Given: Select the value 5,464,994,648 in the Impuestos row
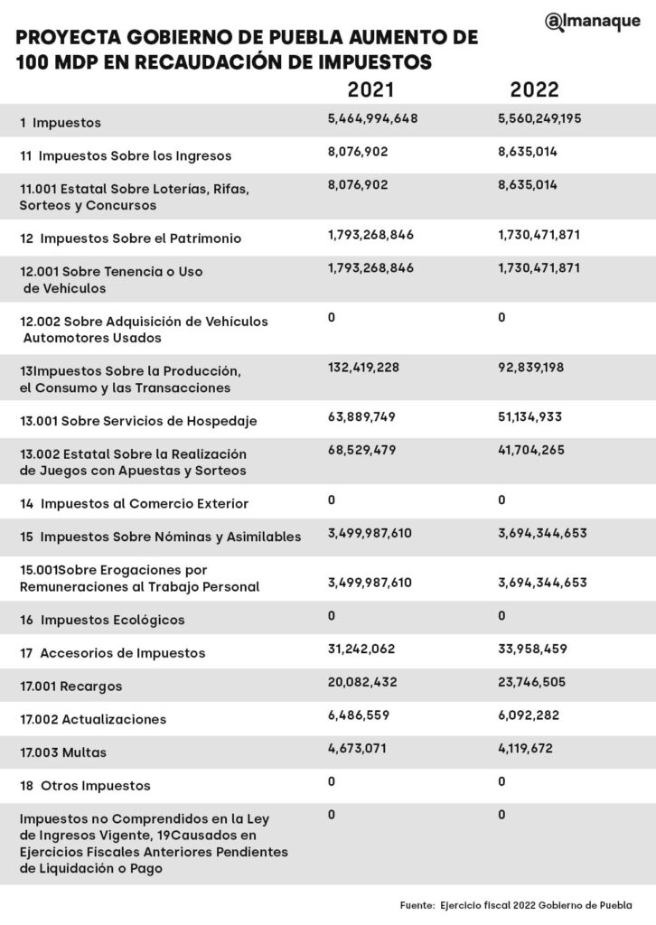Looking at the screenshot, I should (x=372, y=119).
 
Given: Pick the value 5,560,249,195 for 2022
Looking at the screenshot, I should (x=539, y=119).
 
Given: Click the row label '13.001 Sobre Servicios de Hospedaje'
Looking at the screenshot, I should (x=139, y=421).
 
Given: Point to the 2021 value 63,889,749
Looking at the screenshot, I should (x=361, y=418).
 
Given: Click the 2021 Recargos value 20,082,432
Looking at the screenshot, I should (x=363, y=682).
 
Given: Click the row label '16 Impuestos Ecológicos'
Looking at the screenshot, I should (x=102, y=620).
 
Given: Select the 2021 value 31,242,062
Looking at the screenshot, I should (x=361, y=649).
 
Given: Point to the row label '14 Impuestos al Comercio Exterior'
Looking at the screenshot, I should (x=134, y=503).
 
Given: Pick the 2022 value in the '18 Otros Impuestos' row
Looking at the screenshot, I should (x=501, y=780).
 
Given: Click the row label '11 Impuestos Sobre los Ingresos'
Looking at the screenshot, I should (x=126, y=155).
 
